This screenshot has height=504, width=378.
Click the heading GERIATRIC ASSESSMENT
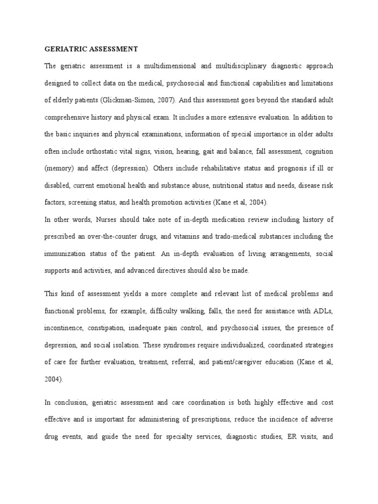pyautogui.click(x=91, y=49)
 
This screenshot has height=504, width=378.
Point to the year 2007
pyautogui.click(x=165, y=100)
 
